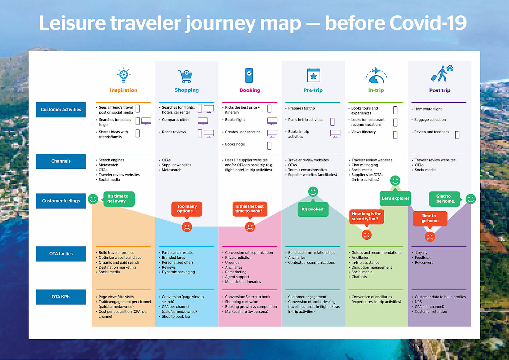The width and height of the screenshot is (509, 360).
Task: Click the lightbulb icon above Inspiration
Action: tap(124, 75)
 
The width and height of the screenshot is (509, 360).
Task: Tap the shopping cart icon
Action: tap(186, 76)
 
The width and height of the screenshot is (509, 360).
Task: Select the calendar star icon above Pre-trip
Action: tap(313, 75)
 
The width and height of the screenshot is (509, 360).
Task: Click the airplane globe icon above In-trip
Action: tap(376, 75)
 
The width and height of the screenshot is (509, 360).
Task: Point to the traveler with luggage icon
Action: tap(441, 73)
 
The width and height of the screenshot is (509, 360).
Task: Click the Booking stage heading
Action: tap(250, 90)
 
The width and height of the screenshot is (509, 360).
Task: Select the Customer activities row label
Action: tap(61, 110)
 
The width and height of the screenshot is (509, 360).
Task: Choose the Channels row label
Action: tap(61, 161)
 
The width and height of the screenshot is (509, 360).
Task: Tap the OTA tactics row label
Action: tap(61, 254)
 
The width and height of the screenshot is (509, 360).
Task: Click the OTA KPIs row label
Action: tap(61, 297)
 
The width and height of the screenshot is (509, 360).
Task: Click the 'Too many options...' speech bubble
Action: tap(187, 209)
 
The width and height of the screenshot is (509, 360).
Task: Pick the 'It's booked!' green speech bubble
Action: tap(313, 210)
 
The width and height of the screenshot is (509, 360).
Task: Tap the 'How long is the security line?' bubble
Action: tap(367, 216)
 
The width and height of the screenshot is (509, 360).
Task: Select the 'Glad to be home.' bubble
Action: tap(445, 199)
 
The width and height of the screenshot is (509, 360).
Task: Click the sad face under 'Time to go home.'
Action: tap(430, 237)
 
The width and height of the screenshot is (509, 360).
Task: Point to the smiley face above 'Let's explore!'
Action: tap(395, 181)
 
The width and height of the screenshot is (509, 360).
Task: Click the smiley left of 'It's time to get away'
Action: tap(93, 199)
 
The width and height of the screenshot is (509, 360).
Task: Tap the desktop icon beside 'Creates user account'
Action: tap(272, 133)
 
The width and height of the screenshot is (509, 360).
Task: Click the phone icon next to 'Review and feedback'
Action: tap(457, 135)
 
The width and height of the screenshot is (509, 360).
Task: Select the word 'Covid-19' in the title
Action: tap(428, 23)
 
